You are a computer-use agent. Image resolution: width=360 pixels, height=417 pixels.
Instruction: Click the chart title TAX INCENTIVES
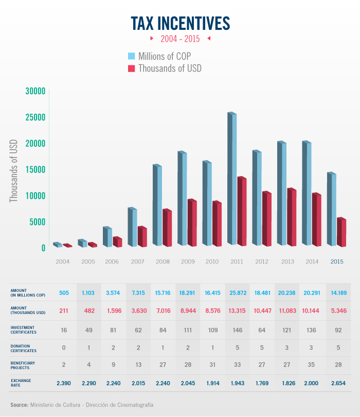(x=180, y=23)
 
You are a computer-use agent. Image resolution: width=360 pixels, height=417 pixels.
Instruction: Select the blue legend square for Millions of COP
(x=131, y=56)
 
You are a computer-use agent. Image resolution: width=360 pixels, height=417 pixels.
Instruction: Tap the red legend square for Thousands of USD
(x=131, y=68)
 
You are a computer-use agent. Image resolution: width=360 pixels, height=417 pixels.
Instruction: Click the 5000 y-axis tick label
(x=36, y=222)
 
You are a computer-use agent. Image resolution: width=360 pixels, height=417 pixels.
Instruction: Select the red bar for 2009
(x=192, y=222)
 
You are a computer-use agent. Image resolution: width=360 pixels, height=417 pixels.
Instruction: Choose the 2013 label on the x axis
(x=287, y=262)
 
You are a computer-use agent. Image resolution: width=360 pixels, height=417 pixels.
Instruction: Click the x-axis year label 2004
(x=63, y=262)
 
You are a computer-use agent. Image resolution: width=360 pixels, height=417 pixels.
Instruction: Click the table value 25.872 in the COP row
(x=238, y=293)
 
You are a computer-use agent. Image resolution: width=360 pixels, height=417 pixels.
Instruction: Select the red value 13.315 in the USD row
(x=238, y=311)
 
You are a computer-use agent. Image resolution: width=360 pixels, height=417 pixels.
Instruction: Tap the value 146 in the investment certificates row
(x=238, y=329)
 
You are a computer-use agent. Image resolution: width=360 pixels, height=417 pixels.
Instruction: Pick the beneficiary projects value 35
(x=313, y=365)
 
